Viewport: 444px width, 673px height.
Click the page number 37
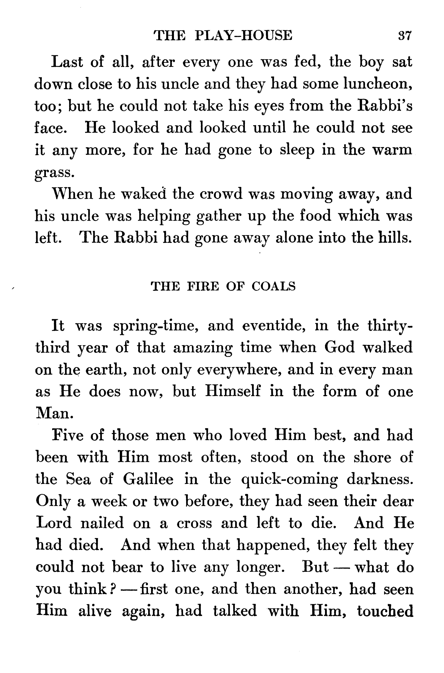[404, 36]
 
